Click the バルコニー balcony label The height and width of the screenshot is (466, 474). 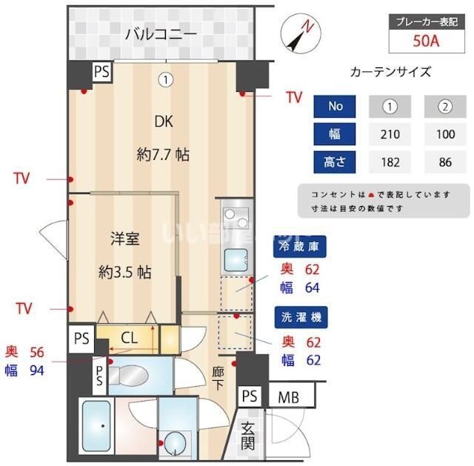(161, 33)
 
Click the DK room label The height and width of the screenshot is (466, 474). (163, 122)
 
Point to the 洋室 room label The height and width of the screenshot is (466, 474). (125, 239)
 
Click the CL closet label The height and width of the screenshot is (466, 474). (129, 338)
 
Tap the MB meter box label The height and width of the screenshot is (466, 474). (288, 397)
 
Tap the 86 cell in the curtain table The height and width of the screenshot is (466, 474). (444, 160)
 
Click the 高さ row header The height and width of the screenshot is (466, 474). (336, 160)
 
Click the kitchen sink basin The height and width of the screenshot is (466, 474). (236, 261)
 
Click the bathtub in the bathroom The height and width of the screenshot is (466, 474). (96, 427)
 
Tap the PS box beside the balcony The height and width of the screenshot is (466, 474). (102, 71)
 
